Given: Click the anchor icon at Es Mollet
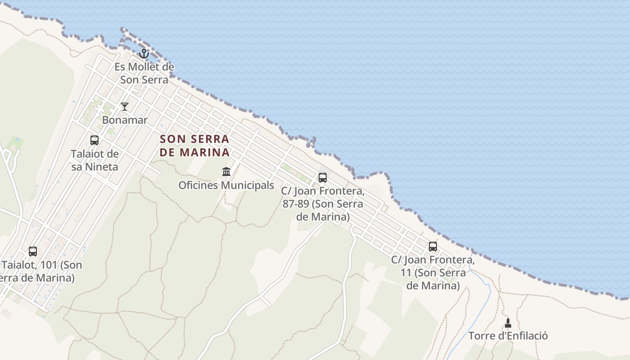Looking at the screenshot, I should (x=144, y=54).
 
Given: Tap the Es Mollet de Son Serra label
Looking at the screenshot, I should (x=144, y=73).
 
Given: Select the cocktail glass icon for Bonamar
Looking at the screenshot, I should (x=125, y=107).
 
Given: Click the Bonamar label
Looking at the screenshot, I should (x=125, y=120).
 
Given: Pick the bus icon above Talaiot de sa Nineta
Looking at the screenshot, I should (x=94, y=140).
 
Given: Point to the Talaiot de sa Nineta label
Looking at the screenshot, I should (x=94, y=160).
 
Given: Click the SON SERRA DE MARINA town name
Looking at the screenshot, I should (x=195, y=145).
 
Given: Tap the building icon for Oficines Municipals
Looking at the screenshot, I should (x=226, y=171).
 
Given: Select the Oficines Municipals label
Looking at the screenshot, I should (x=226, y=185).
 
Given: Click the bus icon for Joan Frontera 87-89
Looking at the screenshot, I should (x=323, y=177).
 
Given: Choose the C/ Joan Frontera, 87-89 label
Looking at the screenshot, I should (x=323, y=204).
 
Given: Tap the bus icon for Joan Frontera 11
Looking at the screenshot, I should (x=433, y=246).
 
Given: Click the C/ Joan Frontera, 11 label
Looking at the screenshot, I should (x=433, y=273).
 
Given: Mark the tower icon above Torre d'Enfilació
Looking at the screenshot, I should (x=508, y=323).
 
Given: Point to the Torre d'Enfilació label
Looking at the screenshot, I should (x=508, y=336).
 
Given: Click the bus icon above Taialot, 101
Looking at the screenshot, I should (x=33, y=251).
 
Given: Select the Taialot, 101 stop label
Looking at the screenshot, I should (x=40, y=271).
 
